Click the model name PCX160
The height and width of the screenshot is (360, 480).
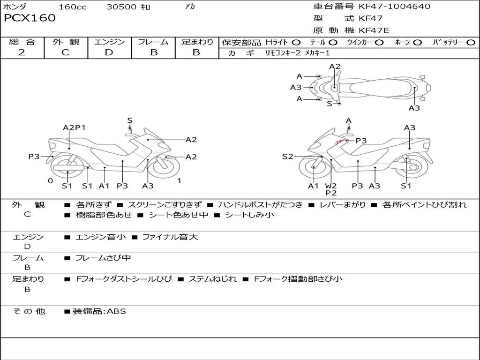pyautogui.click(x=30, y=18)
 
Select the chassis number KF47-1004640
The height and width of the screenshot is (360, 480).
pyautogui.click(x=394, y=7)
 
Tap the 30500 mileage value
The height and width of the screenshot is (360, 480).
pyautogui.click(x=121, y=7)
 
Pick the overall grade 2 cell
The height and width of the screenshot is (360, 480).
pyautogui.click(x=22, y=52)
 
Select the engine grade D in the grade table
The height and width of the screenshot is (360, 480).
pyautogui.click(x=109, y=52)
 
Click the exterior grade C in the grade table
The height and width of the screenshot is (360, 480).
pyautogui.click(x=65, y=52)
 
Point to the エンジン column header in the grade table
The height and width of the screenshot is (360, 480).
pyautogui.click(x=109, y=42)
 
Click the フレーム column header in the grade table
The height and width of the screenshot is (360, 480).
pyautogui.click(x=153, y=42)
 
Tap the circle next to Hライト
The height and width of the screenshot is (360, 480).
pyautogui.click(x=296, y=43)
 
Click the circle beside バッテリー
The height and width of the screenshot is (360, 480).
pyautogui.click(x=471, y=43)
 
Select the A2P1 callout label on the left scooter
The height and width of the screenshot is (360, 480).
pyautogui.click(x=74, y=127)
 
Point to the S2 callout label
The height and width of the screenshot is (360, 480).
pyautogui.click(x=287, y=157)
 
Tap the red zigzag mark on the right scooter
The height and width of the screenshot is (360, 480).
pyautogui.click(x=339, y=141)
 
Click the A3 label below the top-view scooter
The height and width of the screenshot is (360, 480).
pyautogui.click(x=414, y=108)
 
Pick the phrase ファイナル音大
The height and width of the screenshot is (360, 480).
pyautogui.click(x=170, y=237)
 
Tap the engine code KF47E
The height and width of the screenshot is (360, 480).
pyautogui.click(x=374, y=30)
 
